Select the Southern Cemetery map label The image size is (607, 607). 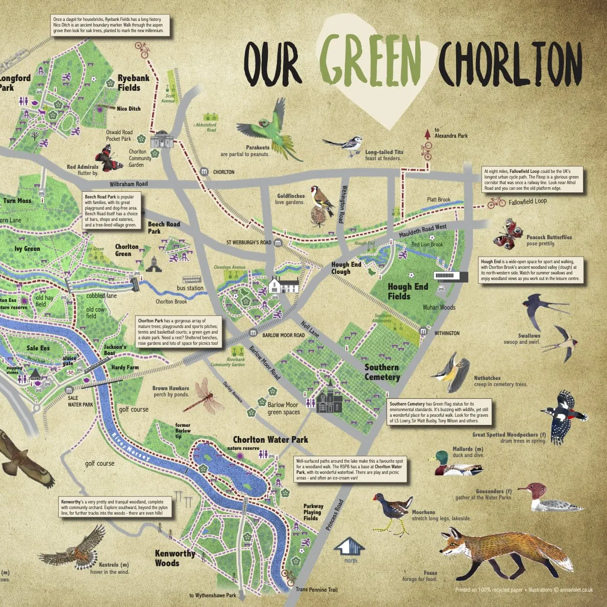(x=382, y=372)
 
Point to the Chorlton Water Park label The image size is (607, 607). (x=270, y=440)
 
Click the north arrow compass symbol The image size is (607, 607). (x=350, y=547)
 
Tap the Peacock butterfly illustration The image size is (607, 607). (x=507, y=234)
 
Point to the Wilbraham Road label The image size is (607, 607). (x=129, y=184)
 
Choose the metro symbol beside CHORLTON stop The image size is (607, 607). (x=205, y=172)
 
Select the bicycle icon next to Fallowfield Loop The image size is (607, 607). (x=496, y=203)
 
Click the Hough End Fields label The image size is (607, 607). (x=408, y=291)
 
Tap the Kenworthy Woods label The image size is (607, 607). (x=174, y=558)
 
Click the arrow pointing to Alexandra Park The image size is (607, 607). (x=427, y=134)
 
